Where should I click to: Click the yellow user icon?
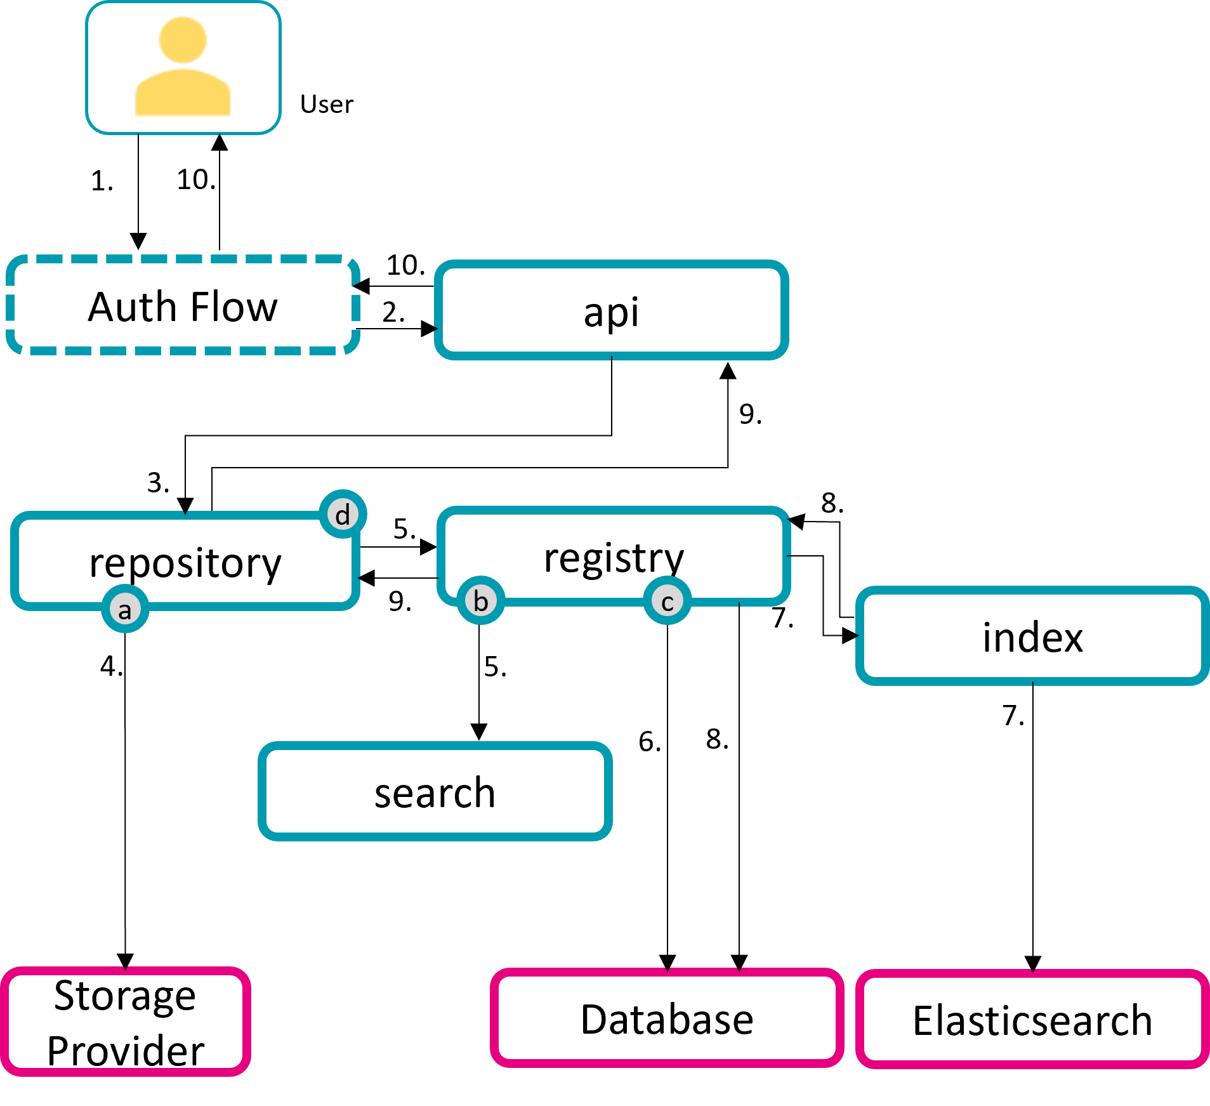click(x=183, y=65)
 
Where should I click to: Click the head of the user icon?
click(x=183, y=39)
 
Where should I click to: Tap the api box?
click(x=611, y=310)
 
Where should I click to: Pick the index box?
click(x=1032, y=636)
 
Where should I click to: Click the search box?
click(x=435, y=791)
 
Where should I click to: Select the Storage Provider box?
click(x=125, y=1022)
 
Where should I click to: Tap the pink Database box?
click(x=667, y=1019)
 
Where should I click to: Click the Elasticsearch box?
click(x=1032, y=1020)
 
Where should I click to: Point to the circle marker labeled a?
click(x=125, y=610)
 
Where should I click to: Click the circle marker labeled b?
click(x=481, y=600)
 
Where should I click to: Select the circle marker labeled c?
click(x=667, y=600)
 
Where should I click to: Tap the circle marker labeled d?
click(x=343, y=514)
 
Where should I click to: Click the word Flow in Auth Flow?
click(x=233, y=306)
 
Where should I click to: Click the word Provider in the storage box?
click(x=126, y=1051)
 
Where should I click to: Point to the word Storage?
click(x=125, y=995)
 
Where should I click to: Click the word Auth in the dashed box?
click(x=132, y=306)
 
